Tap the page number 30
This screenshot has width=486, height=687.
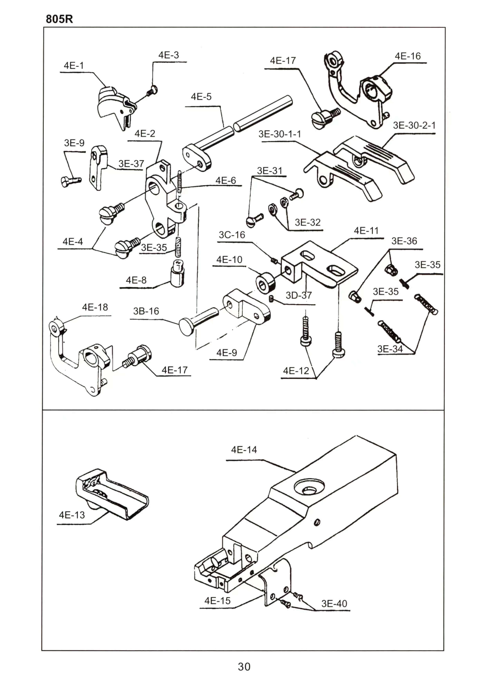coord(244,667)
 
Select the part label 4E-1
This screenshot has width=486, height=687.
coord(74,66)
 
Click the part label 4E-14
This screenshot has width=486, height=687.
coord(244,450)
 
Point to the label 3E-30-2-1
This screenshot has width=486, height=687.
coord(414,125)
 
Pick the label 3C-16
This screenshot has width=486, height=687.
coord(232,235)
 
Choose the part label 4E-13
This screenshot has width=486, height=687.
coord(72,515)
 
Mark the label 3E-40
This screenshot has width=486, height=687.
coord(334,604)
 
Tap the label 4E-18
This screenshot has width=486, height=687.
coord(95,307)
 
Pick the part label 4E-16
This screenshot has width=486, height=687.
coord(408,56)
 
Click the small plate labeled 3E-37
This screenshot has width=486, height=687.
coord(98,168)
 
